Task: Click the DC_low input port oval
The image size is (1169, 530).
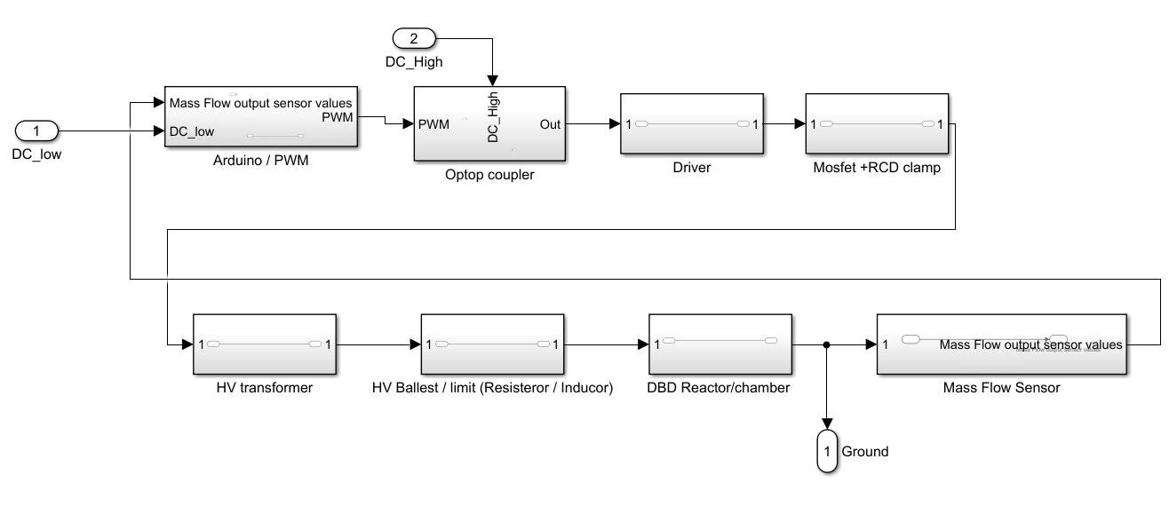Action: pyautogui.click(x=36, y=131)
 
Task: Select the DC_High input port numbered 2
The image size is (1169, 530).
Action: pyautogui.click(x=413, y=38)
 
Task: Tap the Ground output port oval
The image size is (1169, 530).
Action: pyautogui.click(x=826, y=452)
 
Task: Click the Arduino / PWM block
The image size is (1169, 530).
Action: pyautogui.click(x=261, y=117)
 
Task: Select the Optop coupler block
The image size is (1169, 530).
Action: pyautogui.click(x=489, y=124)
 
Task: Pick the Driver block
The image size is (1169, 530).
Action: pyautogui.click(x=691, y=123)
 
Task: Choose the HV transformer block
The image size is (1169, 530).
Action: pyautogui.click(x=264, y=344)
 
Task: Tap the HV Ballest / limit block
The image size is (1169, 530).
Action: pyautogui.click(x=491, y=344)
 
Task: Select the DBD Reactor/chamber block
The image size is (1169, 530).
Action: pyautogui.click(x=720, y=344)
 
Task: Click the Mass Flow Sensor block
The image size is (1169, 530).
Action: pyautogui.click(x=1001, y=344)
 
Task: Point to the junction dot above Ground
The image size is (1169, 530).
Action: pyautogui.click(x=826, y=344)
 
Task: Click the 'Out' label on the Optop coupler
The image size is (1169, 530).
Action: pyautogui.click(x=550, y=124)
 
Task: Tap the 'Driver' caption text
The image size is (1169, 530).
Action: pyautogui.click(x=691, y=167)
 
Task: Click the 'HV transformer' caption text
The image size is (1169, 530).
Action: pyautogui.click(x=264, y=388)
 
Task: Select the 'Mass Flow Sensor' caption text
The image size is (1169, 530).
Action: pyautogui.click(x=1001, y=388)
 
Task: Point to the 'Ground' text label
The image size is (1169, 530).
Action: pyautogui.click(x=864, y=452)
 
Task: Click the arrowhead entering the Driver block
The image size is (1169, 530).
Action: pyautogui.click(x=614, y=124)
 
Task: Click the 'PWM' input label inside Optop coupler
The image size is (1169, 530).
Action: pyautogui.click(x=433, y=124)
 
